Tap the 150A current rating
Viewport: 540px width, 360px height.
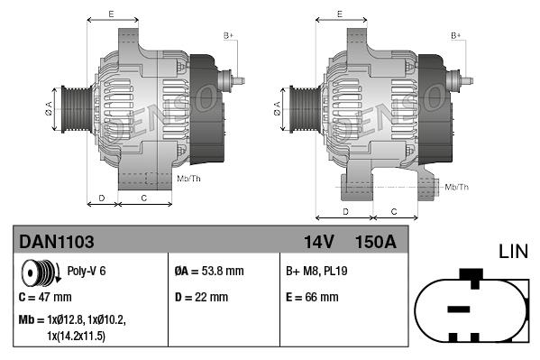click(376, 242)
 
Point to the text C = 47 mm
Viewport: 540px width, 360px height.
click(45, 297)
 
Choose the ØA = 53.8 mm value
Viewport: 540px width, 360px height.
click(209, 271)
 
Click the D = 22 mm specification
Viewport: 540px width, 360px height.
click(201, 297)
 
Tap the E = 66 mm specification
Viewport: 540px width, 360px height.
click(312, 297)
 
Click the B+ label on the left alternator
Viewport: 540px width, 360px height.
click(229, 35)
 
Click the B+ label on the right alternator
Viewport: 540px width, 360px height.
click(456, 35)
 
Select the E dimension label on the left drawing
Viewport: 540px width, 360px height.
click(111, 14)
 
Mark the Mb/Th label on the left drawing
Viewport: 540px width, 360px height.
click(189, 180)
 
